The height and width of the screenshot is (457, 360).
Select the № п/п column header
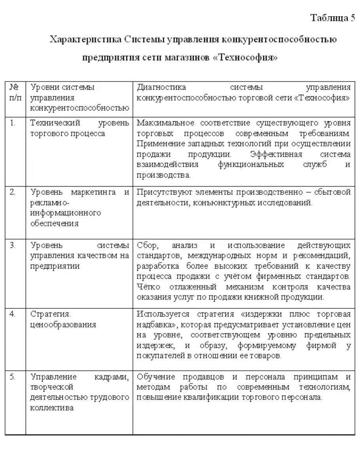(x=15, y=92)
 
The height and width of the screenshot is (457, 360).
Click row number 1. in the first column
(x=13, y=123)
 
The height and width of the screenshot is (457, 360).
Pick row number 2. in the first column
(x=13, y=192)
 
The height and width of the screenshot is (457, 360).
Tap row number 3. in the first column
(x=13, y=245)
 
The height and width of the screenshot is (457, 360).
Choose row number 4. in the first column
(x=13, y=314)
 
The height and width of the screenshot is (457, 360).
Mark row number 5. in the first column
(x=13, y=377)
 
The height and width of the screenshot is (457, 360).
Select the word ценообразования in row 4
(x=63, y=325)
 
